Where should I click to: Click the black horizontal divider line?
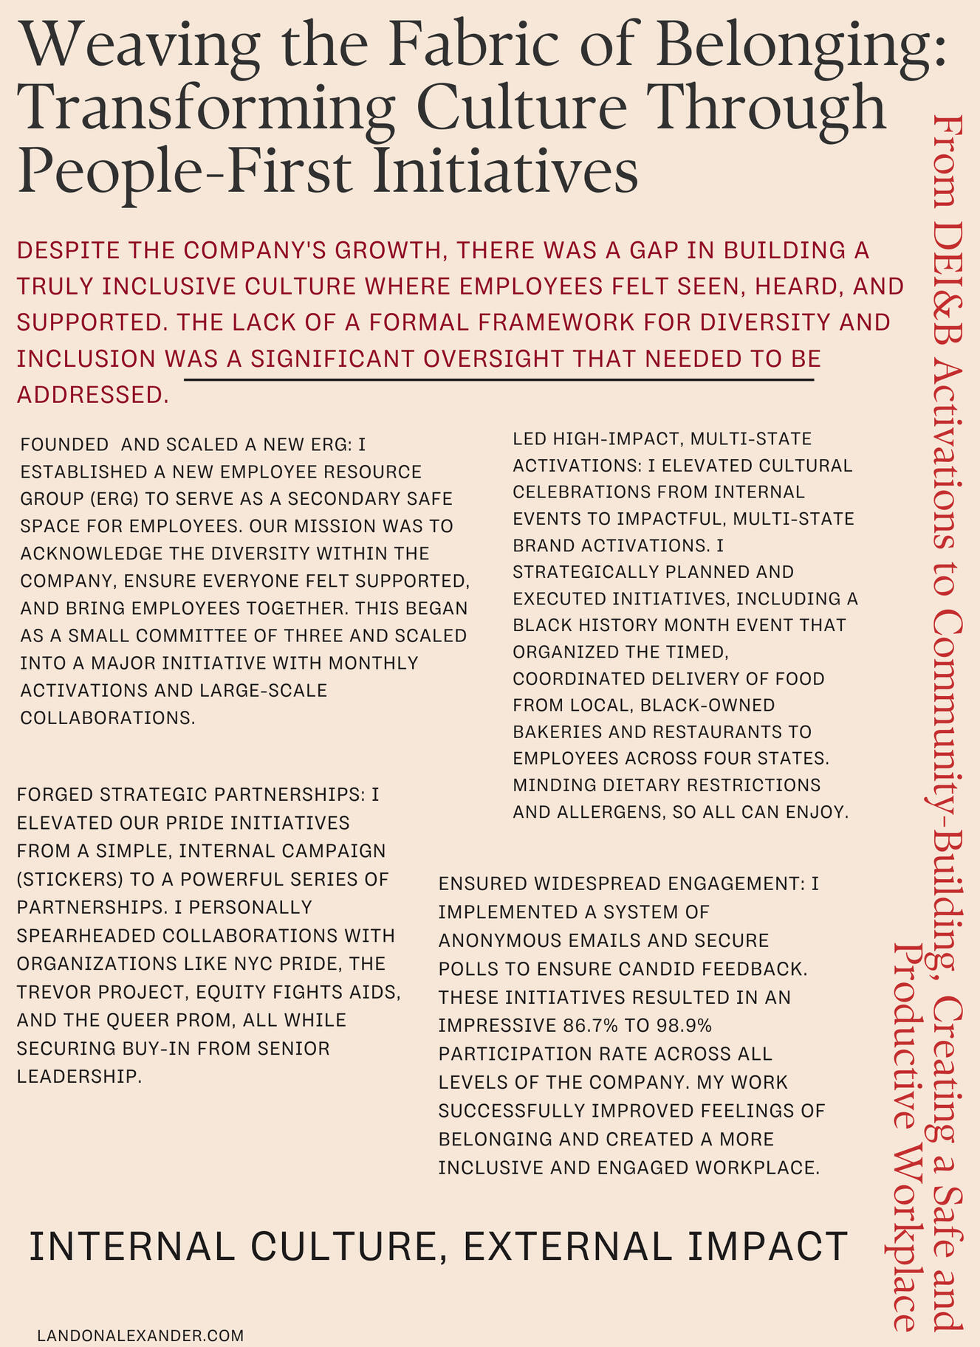[498, 380]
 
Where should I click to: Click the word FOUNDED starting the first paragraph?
[65, 445]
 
